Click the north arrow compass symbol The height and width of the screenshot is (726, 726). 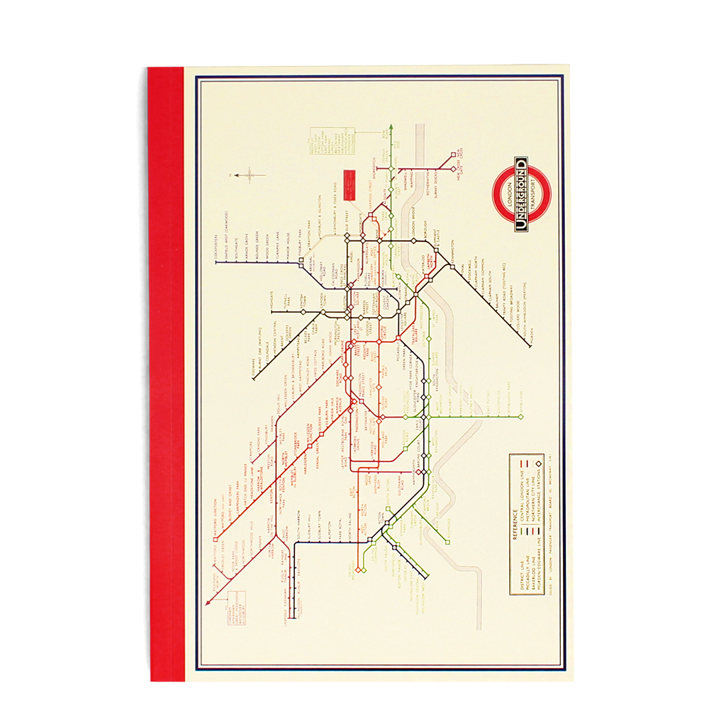click(x=246, y=174)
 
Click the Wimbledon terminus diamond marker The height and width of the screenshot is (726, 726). click(x=520, y=417)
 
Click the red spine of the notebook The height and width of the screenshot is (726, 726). click(x=165, y=376)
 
